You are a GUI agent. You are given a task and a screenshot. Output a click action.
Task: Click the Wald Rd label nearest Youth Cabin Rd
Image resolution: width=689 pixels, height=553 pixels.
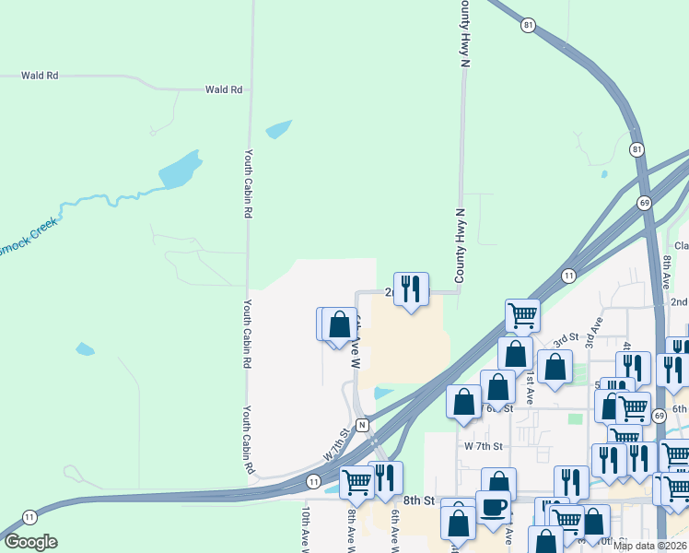(x=224, y=89)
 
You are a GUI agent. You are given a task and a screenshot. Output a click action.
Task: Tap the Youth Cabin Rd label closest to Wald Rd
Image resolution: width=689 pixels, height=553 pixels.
(x=248, y=183)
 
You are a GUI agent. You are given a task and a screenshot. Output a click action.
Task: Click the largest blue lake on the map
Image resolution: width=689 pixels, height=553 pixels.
(x=180, y=170)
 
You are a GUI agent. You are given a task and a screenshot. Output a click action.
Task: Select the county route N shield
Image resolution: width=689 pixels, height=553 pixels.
(x=363, y=425)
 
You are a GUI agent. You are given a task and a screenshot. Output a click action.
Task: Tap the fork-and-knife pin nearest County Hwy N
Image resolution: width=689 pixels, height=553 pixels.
(x=411, y=289)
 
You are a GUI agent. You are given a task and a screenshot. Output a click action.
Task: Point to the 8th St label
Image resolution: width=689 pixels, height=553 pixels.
(x=416, y=500)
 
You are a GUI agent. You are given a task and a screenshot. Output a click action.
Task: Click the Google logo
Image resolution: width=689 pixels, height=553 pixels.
(x=30, y=542)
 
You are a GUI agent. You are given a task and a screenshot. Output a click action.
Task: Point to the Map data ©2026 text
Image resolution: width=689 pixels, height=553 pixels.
(x=649, y=546)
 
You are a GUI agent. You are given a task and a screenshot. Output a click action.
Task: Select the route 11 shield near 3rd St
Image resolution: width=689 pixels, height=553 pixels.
(x=569, y=276)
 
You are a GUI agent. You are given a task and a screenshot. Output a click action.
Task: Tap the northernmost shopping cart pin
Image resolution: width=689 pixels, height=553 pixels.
(x=522, y=316)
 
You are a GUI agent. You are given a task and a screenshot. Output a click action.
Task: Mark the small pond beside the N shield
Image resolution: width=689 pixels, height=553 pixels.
(x=384, y=394)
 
